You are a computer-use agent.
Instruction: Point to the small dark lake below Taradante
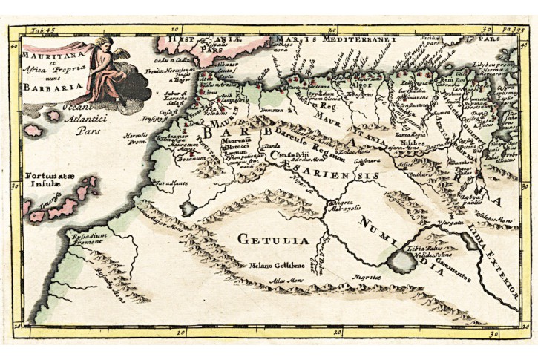pos(189,207)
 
